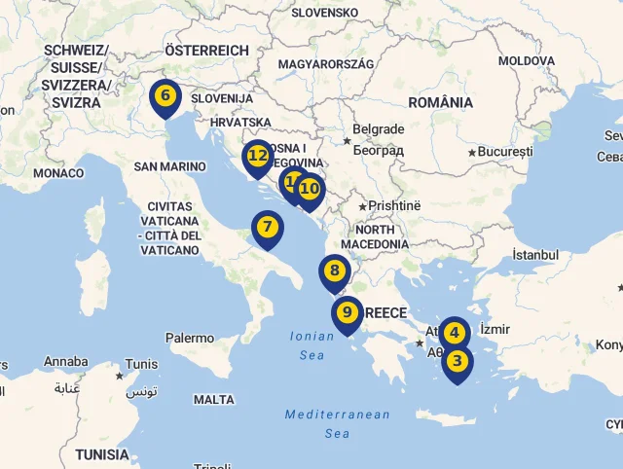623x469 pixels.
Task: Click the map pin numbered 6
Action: pyautogui.click(x=165, y=96)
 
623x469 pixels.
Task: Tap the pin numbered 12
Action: pyautogui.click(x=258, y=156)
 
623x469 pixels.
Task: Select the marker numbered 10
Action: pyautogui.click(x=310, y=190)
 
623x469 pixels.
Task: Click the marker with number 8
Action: pyautogui.click(x=335, y=272)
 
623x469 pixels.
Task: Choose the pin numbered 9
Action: pyautogui.click(x=348, y=313)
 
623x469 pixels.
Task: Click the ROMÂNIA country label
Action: pyautogui.click(x=440, y=102)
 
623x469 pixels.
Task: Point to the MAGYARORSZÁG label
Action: pyautogui.click(x=325, y=63)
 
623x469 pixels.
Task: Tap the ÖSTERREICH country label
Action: pyautogui.click(x=206, y=50)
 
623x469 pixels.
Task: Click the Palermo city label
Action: pyautogui.click(x=190, y=339)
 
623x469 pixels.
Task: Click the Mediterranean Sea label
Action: pyautogui.click(x=337, y=424)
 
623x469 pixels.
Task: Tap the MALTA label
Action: pyautogui.click(x=214, y=400)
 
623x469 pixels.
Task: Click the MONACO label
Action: pyautogui.click(x=58, y=173)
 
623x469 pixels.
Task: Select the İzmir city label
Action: pyautogui.click(x=495, y=330)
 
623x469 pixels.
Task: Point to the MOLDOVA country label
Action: pyautogui.click(x=526, y=60)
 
